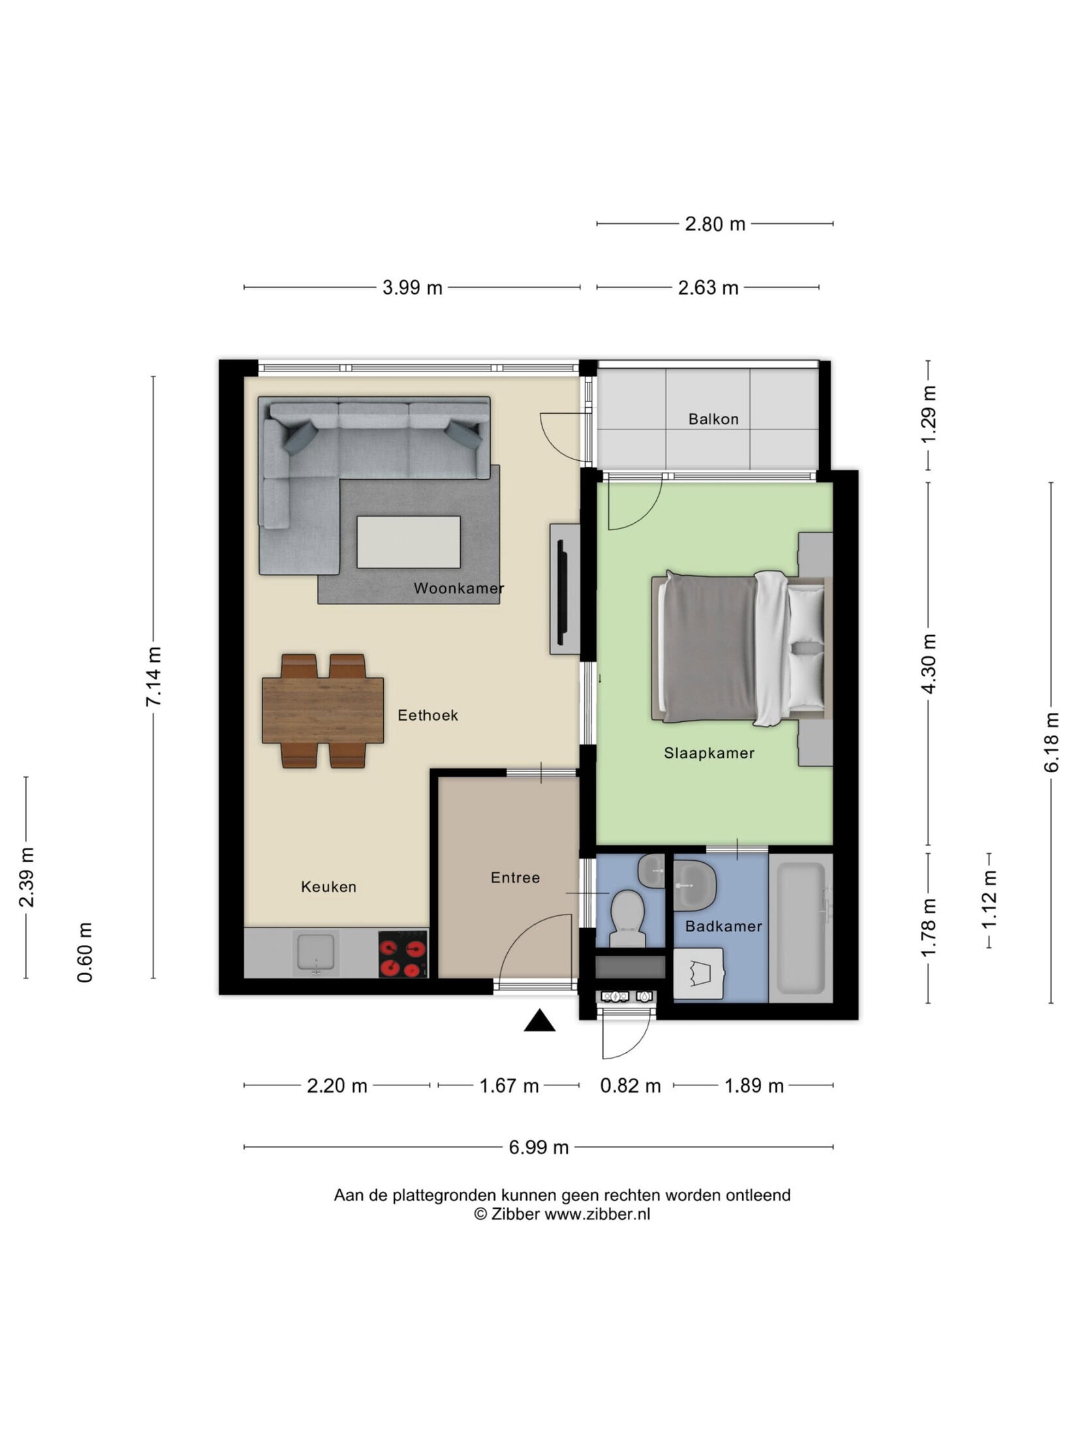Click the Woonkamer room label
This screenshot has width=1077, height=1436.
click(x=459, y=588)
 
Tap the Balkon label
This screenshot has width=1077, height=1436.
click(x=713, y=419)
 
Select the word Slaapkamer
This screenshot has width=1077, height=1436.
click(x=709, y=753)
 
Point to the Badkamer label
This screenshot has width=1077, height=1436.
click(x=723, y=926)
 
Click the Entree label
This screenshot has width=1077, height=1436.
click(x=515, y=878)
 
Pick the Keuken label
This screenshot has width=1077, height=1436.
click(x=328, y=886)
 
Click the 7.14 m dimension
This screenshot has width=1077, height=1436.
click(x=154, y=676)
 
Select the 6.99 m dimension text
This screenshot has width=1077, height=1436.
click(x=538, y=1147)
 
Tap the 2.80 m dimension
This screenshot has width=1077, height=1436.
click(x=715, y=224)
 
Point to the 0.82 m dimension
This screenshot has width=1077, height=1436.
click(x=630, y=1085)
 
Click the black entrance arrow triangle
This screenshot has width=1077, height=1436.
click(x=540, y=1020)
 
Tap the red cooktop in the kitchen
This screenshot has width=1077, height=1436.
click(x=403, y=954)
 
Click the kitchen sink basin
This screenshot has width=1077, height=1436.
click(x=316, y=952)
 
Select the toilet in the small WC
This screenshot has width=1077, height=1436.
click(x=627, y=918)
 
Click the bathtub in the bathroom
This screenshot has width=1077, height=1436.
click(x=801, y=928)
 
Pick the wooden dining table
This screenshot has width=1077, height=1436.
click(x=322, y=711)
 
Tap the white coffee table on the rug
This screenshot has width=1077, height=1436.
click(x=409, y=542)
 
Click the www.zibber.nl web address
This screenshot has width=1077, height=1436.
click(x=597, y=1214)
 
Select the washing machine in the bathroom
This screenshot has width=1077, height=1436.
click(x=698, y=974)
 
